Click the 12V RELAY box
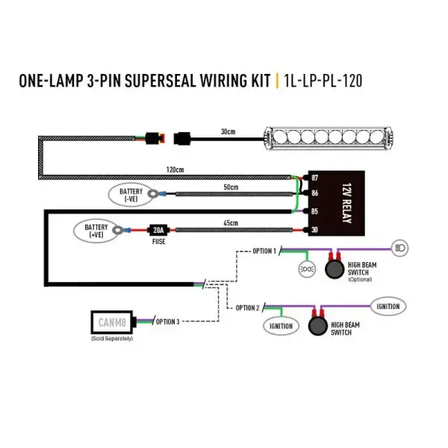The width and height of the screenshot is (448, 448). [339, 204]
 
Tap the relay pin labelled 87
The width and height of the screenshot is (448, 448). [314, 177]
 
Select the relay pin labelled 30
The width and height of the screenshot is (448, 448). [314, 230]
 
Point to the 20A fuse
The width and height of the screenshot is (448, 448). [158, 230]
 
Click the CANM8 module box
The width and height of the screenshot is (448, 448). [111, 323]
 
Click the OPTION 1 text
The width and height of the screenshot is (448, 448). [264, 251]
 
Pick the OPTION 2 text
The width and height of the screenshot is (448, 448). [247, 308]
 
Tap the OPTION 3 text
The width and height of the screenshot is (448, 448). [168, 322]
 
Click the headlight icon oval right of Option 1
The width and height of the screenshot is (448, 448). [399, 246]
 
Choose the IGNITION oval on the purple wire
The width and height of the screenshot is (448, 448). [388, 306]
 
